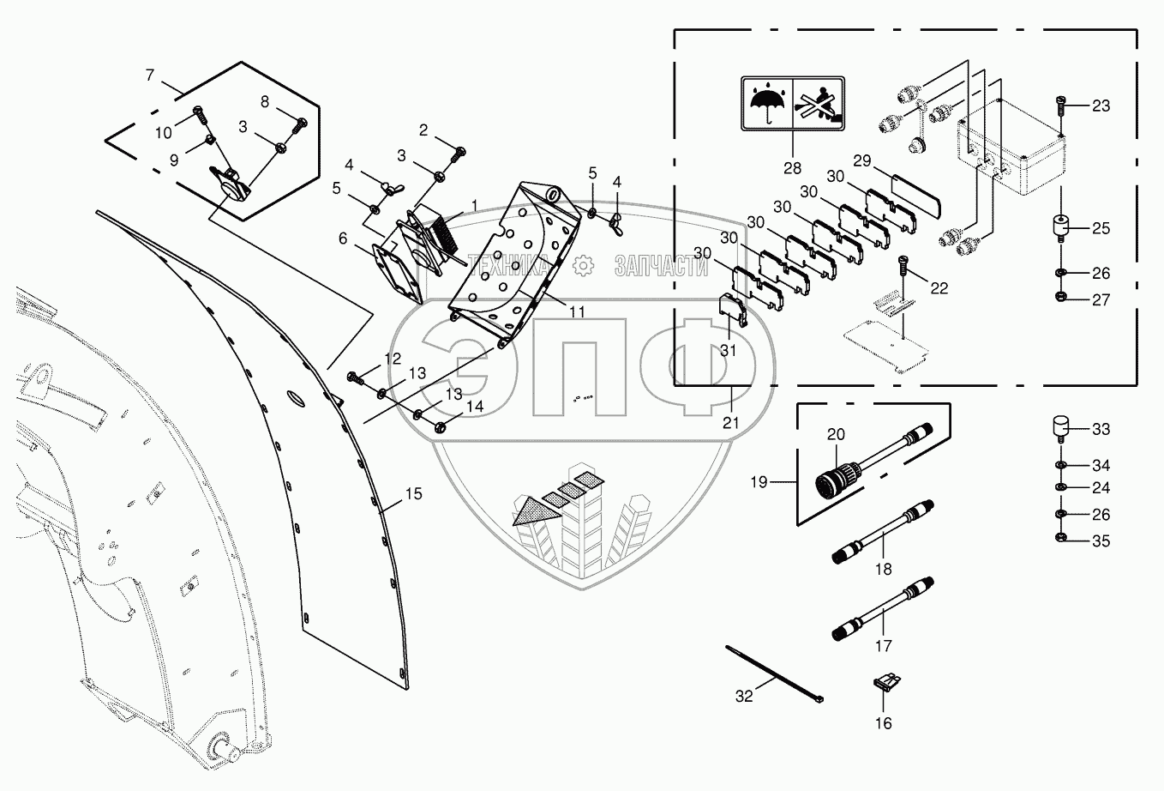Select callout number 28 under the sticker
point(791,167)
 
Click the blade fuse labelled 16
point(882,685)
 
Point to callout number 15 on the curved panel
point(414,494)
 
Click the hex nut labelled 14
point(438,426)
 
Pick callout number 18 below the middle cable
point(883,569)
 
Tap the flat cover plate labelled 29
point(916,194)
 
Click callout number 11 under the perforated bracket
point(577,312)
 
